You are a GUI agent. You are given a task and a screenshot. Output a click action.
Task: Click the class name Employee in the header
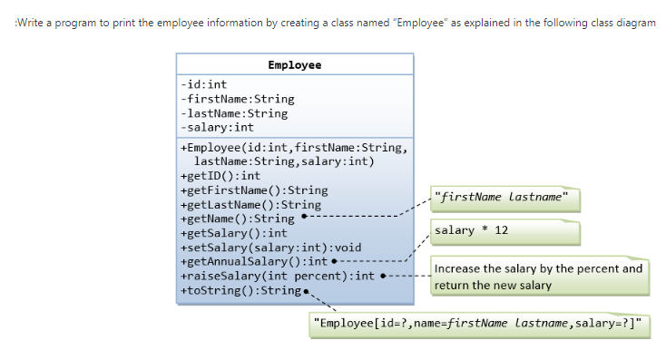pos(295,65)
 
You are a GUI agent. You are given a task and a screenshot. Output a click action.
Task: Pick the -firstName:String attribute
pos(238,99)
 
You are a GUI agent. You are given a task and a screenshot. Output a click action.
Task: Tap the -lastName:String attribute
pos(234,113)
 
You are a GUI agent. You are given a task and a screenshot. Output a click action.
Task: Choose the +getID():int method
pos(220,176)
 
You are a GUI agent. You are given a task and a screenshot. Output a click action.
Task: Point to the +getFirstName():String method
pos(254,190)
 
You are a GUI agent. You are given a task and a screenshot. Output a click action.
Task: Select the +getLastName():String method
pos(251,205)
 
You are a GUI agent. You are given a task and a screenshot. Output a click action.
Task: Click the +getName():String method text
pos(238,219)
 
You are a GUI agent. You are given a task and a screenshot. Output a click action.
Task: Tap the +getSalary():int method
pos(234,233)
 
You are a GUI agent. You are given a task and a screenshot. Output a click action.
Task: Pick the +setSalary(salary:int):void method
pos(271,248)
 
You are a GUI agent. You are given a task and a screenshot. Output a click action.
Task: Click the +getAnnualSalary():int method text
pos(254,262)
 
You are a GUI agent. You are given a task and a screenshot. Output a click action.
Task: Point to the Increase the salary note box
pos(539,277)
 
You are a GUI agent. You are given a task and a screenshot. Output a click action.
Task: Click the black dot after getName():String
pos(305,219)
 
